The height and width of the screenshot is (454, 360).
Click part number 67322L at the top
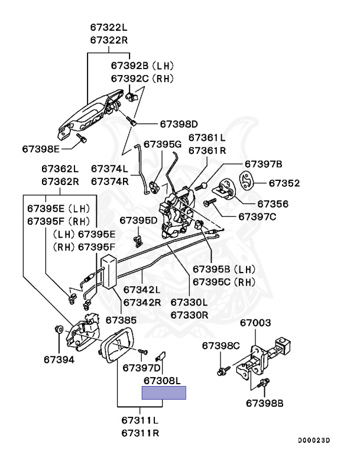coord(109,28)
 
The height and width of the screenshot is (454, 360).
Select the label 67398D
coord(179,124)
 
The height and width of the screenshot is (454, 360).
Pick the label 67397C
coord(257,217)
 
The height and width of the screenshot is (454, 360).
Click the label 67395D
coord(138,220)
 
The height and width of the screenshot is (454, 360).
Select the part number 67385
coord(121,320)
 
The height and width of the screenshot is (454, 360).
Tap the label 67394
coord(59,359)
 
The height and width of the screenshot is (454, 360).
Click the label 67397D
coord(141,368)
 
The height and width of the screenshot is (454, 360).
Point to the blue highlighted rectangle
coord(163,393)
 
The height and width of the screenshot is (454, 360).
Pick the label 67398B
coord(265,404)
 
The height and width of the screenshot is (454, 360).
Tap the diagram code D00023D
coord(313,440)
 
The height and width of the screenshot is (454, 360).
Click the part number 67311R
coord(140,433)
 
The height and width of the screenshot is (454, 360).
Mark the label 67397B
coord(264,164)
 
